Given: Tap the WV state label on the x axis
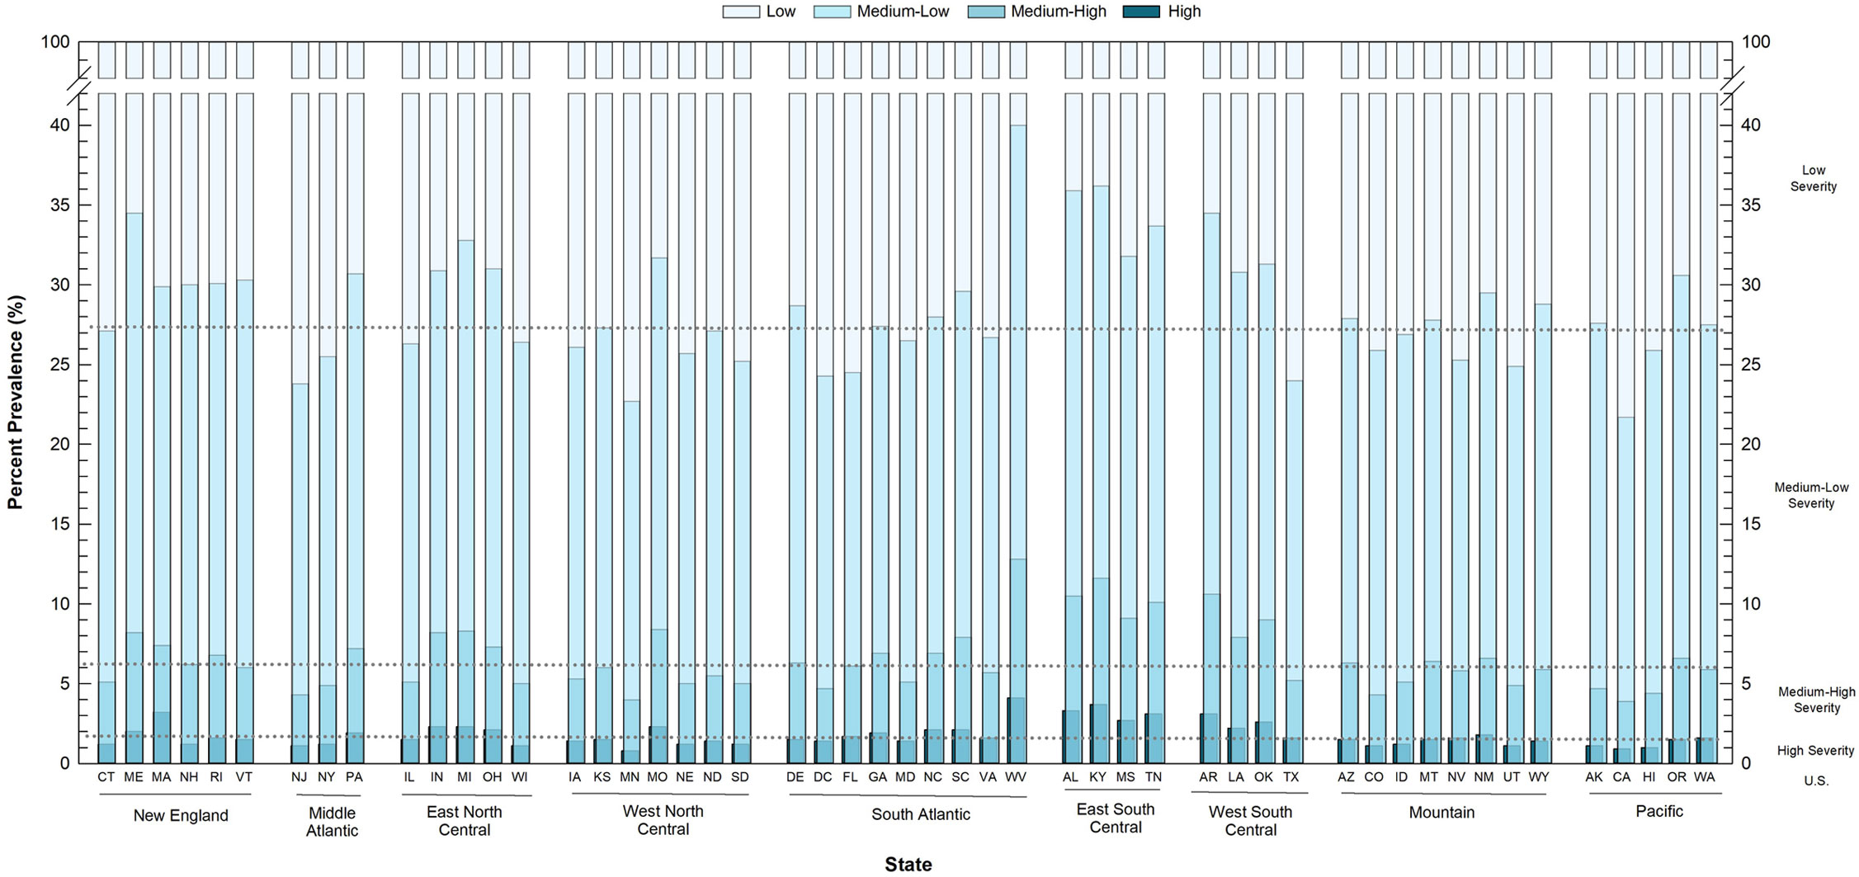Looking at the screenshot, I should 1016,777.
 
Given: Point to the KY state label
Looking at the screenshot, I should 1097,777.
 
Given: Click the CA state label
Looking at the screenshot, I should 1621,777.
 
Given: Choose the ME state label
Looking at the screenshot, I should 134,777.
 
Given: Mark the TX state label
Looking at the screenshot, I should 1291,777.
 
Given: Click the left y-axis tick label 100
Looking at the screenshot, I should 55,42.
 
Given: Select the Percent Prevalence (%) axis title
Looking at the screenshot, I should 15,402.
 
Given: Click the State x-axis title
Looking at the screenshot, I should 908,864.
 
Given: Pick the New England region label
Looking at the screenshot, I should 181,816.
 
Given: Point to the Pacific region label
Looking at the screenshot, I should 1658,812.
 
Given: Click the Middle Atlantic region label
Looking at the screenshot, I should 332,823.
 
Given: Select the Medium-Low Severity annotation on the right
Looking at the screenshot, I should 1811,495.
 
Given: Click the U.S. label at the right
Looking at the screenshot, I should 1815,781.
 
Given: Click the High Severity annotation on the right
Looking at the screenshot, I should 1815,751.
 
